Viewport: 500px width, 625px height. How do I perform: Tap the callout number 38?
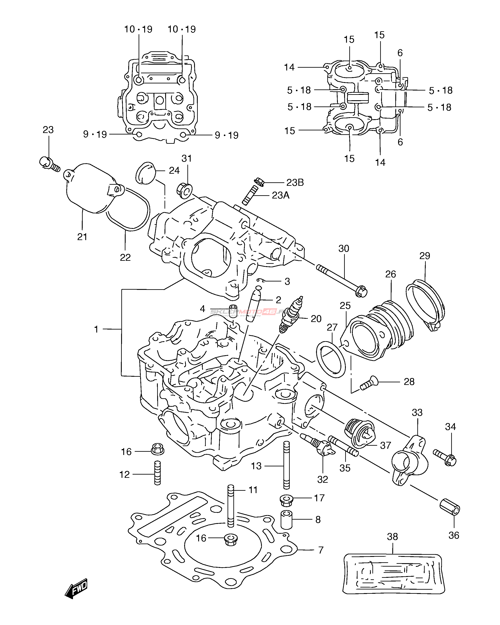pos(392,537)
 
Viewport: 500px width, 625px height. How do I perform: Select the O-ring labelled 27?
pos(331,359)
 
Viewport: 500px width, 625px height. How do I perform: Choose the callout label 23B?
pos(295,183)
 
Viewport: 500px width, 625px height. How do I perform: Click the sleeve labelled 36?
pos(450,507)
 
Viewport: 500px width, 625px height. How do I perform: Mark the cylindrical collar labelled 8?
pos(286,520)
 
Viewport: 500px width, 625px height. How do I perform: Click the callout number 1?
pos(96,329)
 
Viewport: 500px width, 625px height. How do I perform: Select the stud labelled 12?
pos(157,473)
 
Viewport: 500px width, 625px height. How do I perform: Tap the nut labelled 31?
pos(184,191)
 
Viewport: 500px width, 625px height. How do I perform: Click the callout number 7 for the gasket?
pos(321,550)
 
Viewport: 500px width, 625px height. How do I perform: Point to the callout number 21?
pos(82,237)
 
